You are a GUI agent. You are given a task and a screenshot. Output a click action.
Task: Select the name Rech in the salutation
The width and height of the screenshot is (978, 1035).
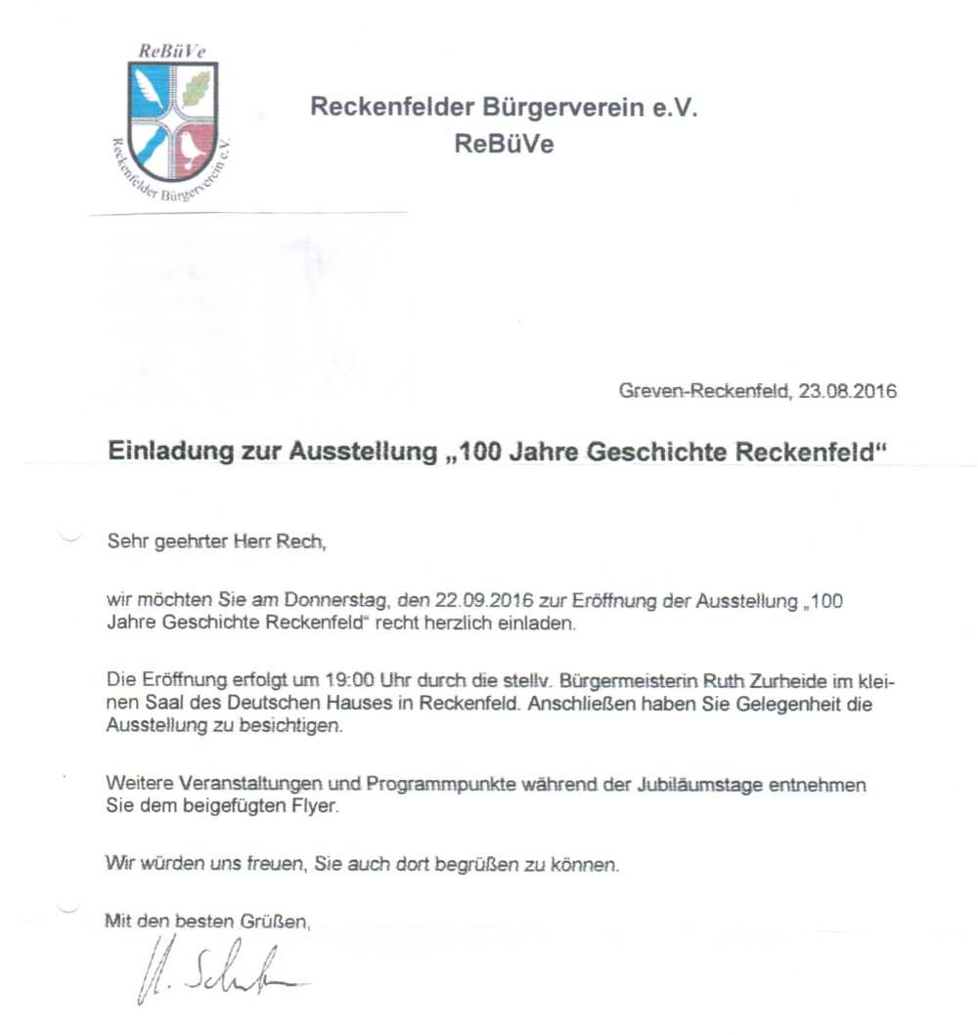point(300,541)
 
